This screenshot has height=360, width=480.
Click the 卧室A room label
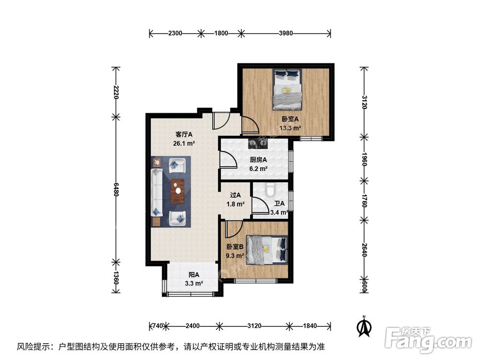point(290,120)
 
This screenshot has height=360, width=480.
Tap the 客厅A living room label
point(170,134)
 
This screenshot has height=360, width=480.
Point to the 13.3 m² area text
point(290,128)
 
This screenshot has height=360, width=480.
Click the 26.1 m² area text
point(170,143)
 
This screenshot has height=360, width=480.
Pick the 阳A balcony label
point(193,275)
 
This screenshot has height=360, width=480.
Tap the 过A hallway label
point(235,195)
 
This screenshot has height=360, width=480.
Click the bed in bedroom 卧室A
point(287,88)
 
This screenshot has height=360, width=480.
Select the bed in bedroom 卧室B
point(267,250)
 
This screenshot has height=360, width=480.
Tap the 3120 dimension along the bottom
point(254,326)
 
